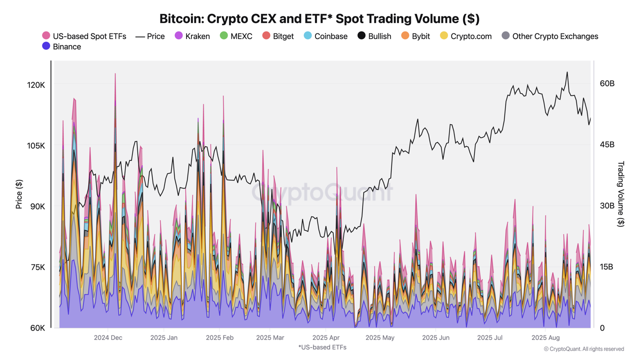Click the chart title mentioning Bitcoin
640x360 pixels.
pyautogui.click(x=319, y=18)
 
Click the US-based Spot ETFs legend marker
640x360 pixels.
pyautogui.click(x=46, y=35)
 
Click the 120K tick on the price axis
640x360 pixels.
pyautogui.click(x=36, y=85)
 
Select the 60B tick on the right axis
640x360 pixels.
pyautogui.click(x=607, y=83)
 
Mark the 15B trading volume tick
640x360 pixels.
pyautogui.click(x=607, y=266)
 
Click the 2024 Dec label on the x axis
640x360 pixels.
pyautogui.click(x=108, y=337)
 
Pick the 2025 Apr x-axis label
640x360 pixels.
pyautogui.click(x=326, y=337)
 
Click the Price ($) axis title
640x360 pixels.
pyautogui.click(x=19, y=194)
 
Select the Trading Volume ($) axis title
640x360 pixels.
pyautogui.click(x=621, y=194)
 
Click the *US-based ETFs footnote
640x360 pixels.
pyautogui.click(x=322, y=347)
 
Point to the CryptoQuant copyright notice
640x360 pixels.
pyautogui.click(x=584, y=349)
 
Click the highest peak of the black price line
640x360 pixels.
pyautogui.click(x=567, y=72)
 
